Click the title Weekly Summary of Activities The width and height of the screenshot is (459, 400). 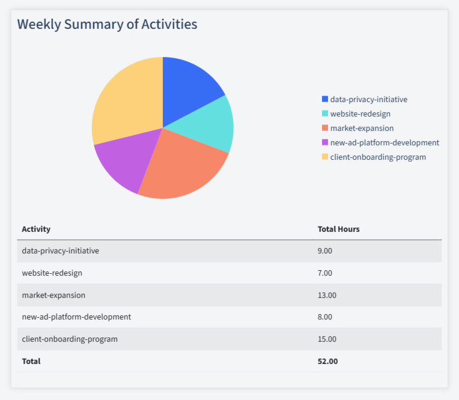[x=107, y=25]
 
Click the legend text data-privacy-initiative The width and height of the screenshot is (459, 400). [x=369, y=99]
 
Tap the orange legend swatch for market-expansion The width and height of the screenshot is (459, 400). [x=325, y=128]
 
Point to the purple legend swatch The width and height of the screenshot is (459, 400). [x=325, y=142]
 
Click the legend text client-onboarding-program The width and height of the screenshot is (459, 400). [x=378, y=157]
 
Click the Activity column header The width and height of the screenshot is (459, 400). [x=36, y=229]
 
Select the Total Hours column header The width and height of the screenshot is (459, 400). [x=338, y=229]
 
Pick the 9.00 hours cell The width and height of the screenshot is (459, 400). [x=324, y=250]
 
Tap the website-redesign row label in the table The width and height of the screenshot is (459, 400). [x=52, y=273]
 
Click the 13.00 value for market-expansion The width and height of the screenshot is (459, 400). [x=327, y=295]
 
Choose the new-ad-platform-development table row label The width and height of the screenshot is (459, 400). [x=76, y=317]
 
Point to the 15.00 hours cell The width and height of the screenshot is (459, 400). [x=327, y=339]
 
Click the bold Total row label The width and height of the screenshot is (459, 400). [x=31, y=361]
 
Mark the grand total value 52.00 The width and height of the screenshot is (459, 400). [x=327, y=361]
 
